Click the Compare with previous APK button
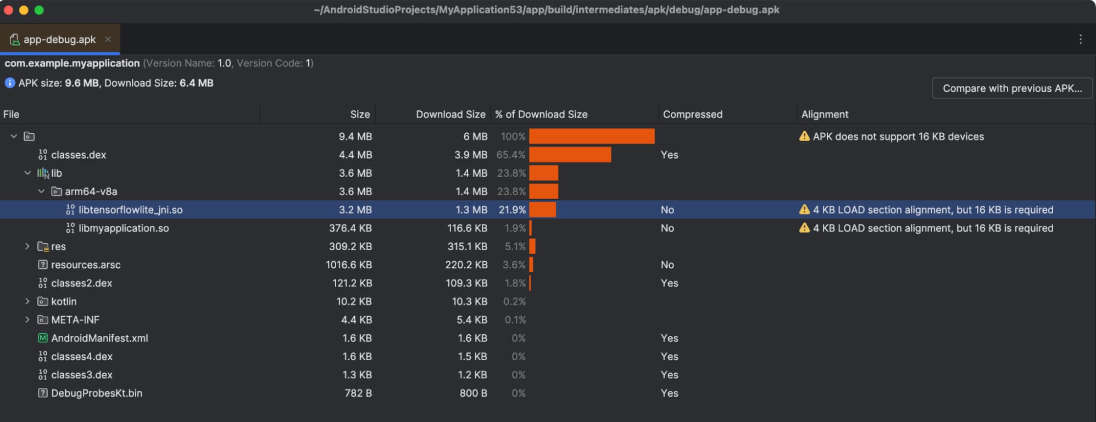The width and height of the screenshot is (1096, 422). pos(1012,88)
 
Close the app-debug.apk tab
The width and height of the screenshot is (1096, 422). pos(108,39)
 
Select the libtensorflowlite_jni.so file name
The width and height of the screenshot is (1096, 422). pos(130,210)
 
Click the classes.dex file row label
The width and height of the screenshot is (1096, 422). pos(79,155)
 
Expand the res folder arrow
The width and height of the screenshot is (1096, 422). pos(27,246)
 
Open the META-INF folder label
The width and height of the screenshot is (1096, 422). pos(75,320)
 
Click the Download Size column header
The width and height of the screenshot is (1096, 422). pos(450,114)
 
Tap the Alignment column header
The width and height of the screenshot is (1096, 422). pos(825,114)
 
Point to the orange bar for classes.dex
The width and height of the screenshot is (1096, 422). pos(570,155)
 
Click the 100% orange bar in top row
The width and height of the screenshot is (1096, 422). pos(592,136)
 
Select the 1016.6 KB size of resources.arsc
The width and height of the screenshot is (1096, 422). pos(348,265)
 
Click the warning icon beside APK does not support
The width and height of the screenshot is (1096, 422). pos(804,136)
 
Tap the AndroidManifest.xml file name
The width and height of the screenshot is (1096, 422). pos(99,338)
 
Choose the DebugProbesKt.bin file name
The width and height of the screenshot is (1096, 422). pos(97,393)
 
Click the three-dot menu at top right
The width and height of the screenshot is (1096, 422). pos(1080,40)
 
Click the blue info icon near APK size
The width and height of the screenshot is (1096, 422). pos(10,83)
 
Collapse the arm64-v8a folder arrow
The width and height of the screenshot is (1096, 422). pos(41,192)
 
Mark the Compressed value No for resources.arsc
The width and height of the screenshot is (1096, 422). pos(667,265)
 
